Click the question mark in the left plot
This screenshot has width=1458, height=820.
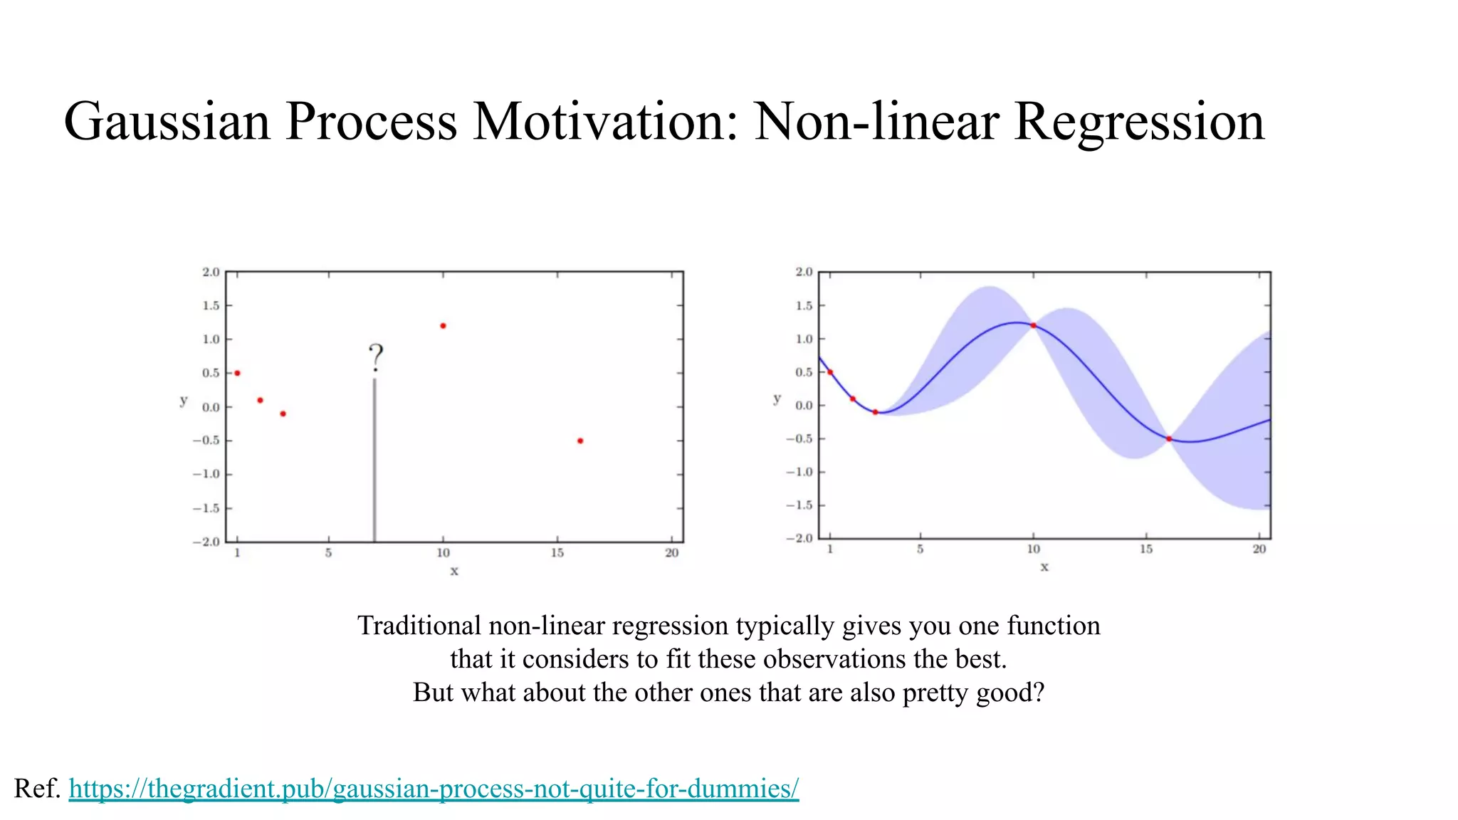(x=376, y=357)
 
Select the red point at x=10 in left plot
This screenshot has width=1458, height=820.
(x=443, y=326)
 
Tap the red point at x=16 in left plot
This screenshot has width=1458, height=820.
(x=580, y=441)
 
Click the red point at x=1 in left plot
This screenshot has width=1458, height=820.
(x=237, y=373)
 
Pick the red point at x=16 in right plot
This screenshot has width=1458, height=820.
(x=1169, y=439)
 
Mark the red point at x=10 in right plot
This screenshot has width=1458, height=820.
(x=1033, y=325)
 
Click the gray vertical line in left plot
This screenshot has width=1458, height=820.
(x=374, y=463)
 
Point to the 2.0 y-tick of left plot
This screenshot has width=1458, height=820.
(x=211, y=272)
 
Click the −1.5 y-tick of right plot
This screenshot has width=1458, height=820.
(x=799, y=505)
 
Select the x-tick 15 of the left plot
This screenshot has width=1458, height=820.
(x=557, y=553)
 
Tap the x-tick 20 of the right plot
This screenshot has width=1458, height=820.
(x=1259, y=550)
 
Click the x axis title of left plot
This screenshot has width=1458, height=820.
(x=454, y=571)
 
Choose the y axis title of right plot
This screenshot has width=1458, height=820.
(x=777, y=399)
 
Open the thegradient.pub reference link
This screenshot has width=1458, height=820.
(x=434, y=789)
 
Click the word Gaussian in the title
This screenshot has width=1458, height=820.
(x=167, y=121)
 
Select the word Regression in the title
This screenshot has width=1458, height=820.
(x=1139, y=121)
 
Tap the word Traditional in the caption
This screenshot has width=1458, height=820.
(x=419, y=626)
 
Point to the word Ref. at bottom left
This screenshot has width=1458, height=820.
(x=37, y=789)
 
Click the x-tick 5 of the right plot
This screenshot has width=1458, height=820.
(x=920, y=550)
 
